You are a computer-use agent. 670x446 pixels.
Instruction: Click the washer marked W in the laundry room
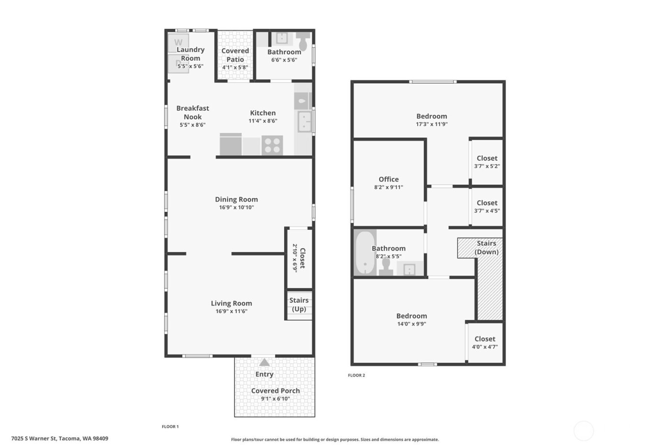point(178,43)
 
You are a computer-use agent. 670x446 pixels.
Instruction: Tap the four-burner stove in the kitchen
point(272,145)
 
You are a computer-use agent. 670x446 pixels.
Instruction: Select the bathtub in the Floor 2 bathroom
point(365,253)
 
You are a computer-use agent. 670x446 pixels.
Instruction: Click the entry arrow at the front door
point(264,362)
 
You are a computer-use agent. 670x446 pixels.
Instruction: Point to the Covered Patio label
point(235,55)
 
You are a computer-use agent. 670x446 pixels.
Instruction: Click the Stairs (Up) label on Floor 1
point(299,305)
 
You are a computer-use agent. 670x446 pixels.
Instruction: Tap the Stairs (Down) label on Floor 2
point(486,248)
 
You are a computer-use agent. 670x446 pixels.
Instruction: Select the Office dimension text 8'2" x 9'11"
point(389,187)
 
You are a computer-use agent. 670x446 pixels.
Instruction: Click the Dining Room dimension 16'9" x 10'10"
point(236,207)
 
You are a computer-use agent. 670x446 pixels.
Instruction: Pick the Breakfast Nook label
point(193,112)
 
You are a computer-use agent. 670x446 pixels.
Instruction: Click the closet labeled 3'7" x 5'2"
point(487,162)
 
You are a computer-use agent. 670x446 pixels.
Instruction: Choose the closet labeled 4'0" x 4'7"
point(485,343)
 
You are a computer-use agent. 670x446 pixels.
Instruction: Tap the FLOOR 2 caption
point(356,375)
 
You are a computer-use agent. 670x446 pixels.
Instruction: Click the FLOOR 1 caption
point(170,426)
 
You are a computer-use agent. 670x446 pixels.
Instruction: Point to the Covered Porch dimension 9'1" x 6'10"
point(275,399)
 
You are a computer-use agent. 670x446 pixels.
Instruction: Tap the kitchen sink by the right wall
point(304,122)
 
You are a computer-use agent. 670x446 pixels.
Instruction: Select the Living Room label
point(231,303)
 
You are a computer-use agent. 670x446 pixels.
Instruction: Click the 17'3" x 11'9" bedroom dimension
point(432,124)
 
